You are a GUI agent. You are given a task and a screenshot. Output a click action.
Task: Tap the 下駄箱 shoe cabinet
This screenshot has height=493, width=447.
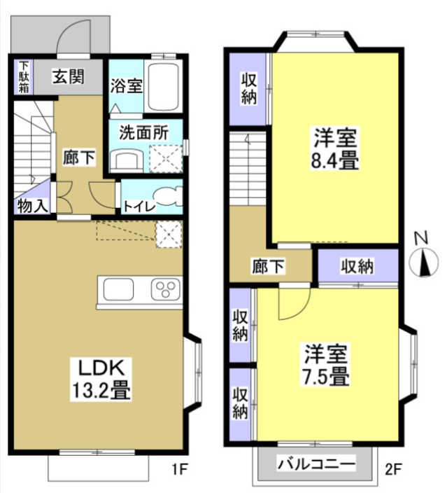pos(24,77)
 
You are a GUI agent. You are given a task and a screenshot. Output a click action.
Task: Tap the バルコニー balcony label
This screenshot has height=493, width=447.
pos(314,463)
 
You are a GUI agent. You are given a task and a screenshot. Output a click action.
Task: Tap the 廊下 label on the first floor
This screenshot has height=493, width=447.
pos(76,157)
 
